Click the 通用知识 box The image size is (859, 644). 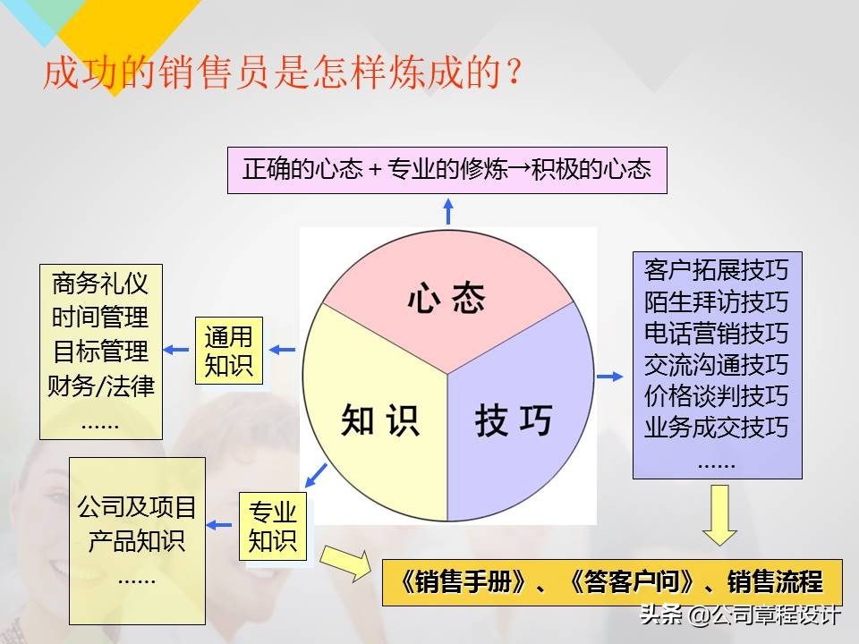pyautogui.click(x=229, y=352)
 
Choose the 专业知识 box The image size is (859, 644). pyautogui.click(x=272, y=527)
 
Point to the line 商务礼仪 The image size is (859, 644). pyautogui.click(x=100, y=284)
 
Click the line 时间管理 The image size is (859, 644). pyautogui.click(x=100, y=318)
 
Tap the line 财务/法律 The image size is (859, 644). pyautogui.click(x=100, y=386)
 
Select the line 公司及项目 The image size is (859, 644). pyautogui.click(x=137, y=508)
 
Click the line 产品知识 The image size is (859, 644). pyautogui.click(x=137, y=541)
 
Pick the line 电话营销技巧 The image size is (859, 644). pyautogui.click(x=716, y=333)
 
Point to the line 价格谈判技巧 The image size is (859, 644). pyautogui.click(x=716, y=396)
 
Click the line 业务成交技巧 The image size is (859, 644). pyautogui.click(x=716, y=428)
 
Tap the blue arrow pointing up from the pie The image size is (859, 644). pyautogui.click(x=448, y=210)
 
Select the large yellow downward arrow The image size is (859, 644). pyautogui.click(x=719, y=514)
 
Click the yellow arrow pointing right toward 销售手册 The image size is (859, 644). pyautogui.click(x=344, y=563)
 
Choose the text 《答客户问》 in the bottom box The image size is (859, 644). pyautogui.click(x=632, y=582)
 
